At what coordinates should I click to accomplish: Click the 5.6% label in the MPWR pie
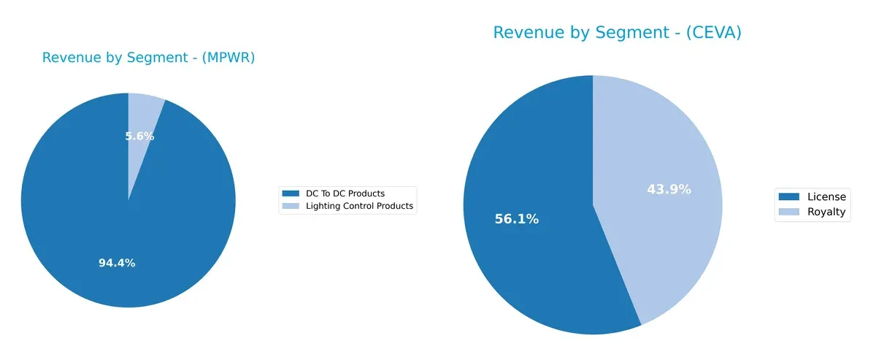pos(139,136)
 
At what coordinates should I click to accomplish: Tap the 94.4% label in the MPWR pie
pos(117,263)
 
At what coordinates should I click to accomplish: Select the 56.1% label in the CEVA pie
pos(516,219)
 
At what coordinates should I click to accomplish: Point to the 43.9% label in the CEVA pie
pos(669,189)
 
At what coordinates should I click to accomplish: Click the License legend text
pos(826,196)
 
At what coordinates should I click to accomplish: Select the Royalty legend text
pos(826,212)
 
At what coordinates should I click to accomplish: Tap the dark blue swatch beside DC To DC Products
pos(291,194)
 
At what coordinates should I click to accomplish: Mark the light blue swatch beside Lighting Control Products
pos(291,206)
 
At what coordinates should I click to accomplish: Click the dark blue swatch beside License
pos(788,196)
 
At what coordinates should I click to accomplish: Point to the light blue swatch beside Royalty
pos(788,212)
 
